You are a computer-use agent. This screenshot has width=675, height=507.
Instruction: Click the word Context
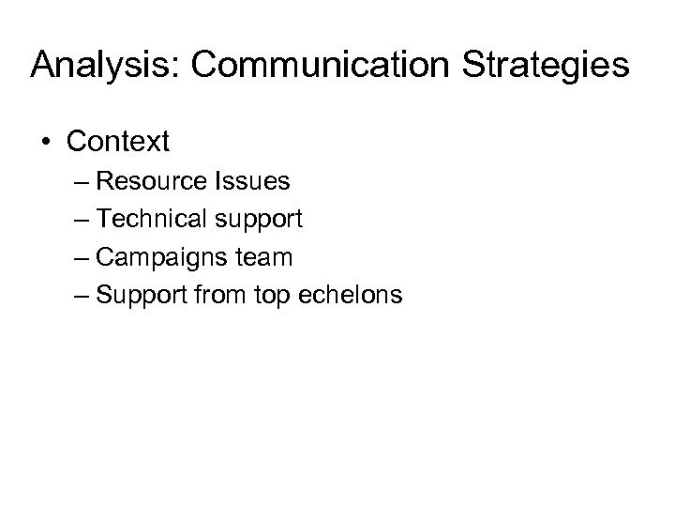pyautogui.click(x=117, y=143)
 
